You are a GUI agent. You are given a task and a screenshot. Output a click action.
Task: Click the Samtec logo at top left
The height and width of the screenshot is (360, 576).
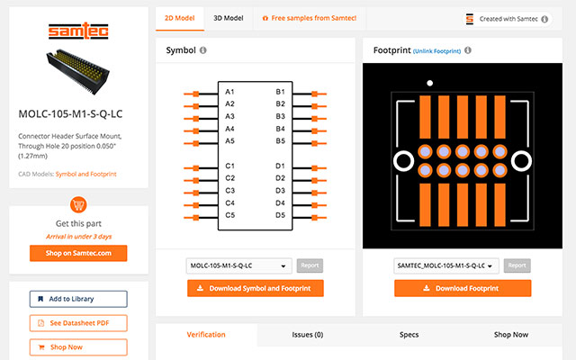[73, 32]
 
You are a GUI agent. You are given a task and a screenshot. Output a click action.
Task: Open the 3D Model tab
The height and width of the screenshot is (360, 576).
[228, 18]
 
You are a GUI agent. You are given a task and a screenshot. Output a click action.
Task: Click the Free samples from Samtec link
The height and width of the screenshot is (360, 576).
[309, 18]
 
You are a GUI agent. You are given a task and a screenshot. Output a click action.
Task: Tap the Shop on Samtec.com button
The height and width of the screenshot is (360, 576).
[78, 253]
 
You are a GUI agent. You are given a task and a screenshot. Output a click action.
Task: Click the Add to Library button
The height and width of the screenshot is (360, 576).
[78, 299]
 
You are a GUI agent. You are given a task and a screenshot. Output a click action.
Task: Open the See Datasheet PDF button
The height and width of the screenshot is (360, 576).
[78, 323]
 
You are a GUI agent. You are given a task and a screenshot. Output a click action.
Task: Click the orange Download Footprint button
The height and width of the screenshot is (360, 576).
[463, 288]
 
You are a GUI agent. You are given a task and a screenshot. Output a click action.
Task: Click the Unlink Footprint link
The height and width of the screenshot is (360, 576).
[436, 51]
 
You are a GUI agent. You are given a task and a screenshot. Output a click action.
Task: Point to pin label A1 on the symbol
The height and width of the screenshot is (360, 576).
[230, 93]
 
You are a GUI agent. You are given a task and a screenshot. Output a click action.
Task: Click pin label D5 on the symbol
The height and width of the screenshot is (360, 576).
[280, 215]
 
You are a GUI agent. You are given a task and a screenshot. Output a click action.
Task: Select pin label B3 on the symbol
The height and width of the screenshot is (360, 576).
[280, 117]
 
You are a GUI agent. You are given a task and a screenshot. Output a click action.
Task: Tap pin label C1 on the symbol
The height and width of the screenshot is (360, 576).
[230, 166]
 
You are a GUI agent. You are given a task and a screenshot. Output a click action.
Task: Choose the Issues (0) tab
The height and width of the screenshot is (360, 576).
[307, 335]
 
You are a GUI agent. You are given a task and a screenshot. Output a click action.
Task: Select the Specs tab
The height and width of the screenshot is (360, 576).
[409, 335]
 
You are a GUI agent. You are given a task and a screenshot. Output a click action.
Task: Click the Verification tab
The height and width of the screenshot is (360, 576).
[206, 335]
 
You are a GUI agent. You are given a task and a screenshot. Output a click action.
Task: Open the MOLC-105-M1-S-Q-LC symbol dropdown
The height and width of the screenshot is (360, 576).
[239, 265]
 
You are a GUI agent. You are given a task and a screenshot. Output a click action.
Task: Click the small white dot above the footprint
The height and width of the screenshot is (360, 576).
[430, 83]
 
